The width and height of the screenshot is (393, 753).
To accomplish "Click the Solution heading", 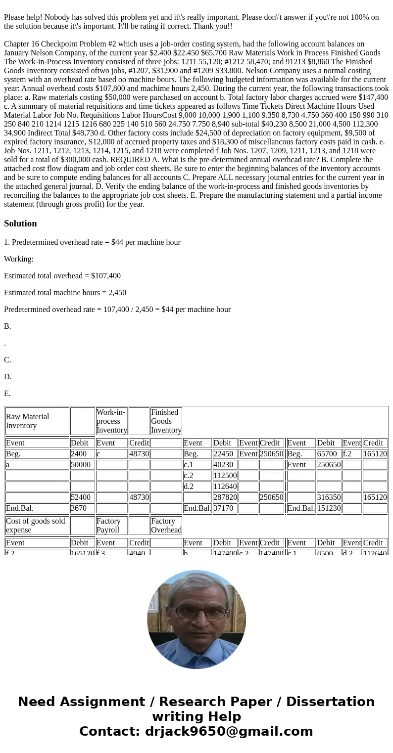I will coord(20,223).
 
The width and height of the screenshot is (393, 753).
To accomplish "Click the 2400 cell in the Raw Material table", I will coord(82,454).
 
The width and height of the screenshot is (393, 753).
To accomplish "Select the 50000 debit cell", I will coord(82,465).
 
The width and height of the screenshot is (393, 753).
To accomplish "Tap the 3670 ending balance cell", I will coord(82,508).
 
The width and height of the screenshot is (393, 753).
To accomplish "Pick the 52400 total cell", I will coord(82,497).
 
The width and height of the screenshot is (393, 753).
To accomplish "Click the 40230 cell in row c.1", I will coord(225,465).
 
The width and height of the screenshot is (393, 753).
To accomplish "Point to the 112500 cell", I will coord(225,476).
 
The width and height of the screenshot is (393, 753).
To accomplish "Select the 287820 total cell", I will coord(225,497).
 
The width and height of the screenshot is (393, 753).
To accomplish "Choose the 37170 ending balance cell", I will coord(225,508).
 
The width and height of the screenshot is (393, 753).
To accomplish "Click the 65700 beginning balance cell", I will coord(329,454).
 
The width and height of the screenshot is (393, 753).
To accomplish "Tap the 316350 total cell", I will coord(329,497).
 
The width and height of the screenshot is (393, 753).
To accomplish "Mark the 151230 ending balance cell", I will coord(329,508).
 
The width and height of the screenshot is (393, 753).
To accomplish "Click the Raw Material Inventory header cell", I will coord(37,421).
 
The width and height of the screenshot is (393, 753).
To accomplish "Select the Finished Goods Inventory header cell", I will coord(166,421).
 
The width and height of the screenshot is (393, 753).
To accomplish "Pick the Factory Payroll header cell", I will coord(111,526).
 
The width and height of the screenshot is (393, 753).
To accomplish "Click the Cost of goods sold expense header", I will coord(37,526).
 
